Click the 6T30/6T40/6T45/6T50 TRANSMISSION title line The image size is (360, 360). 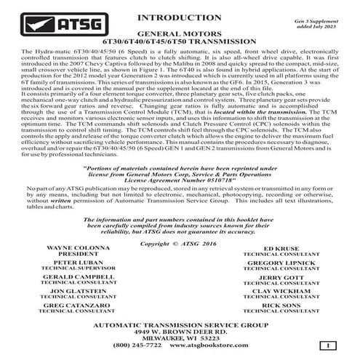pyautogui.click(x=179, y=42)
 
